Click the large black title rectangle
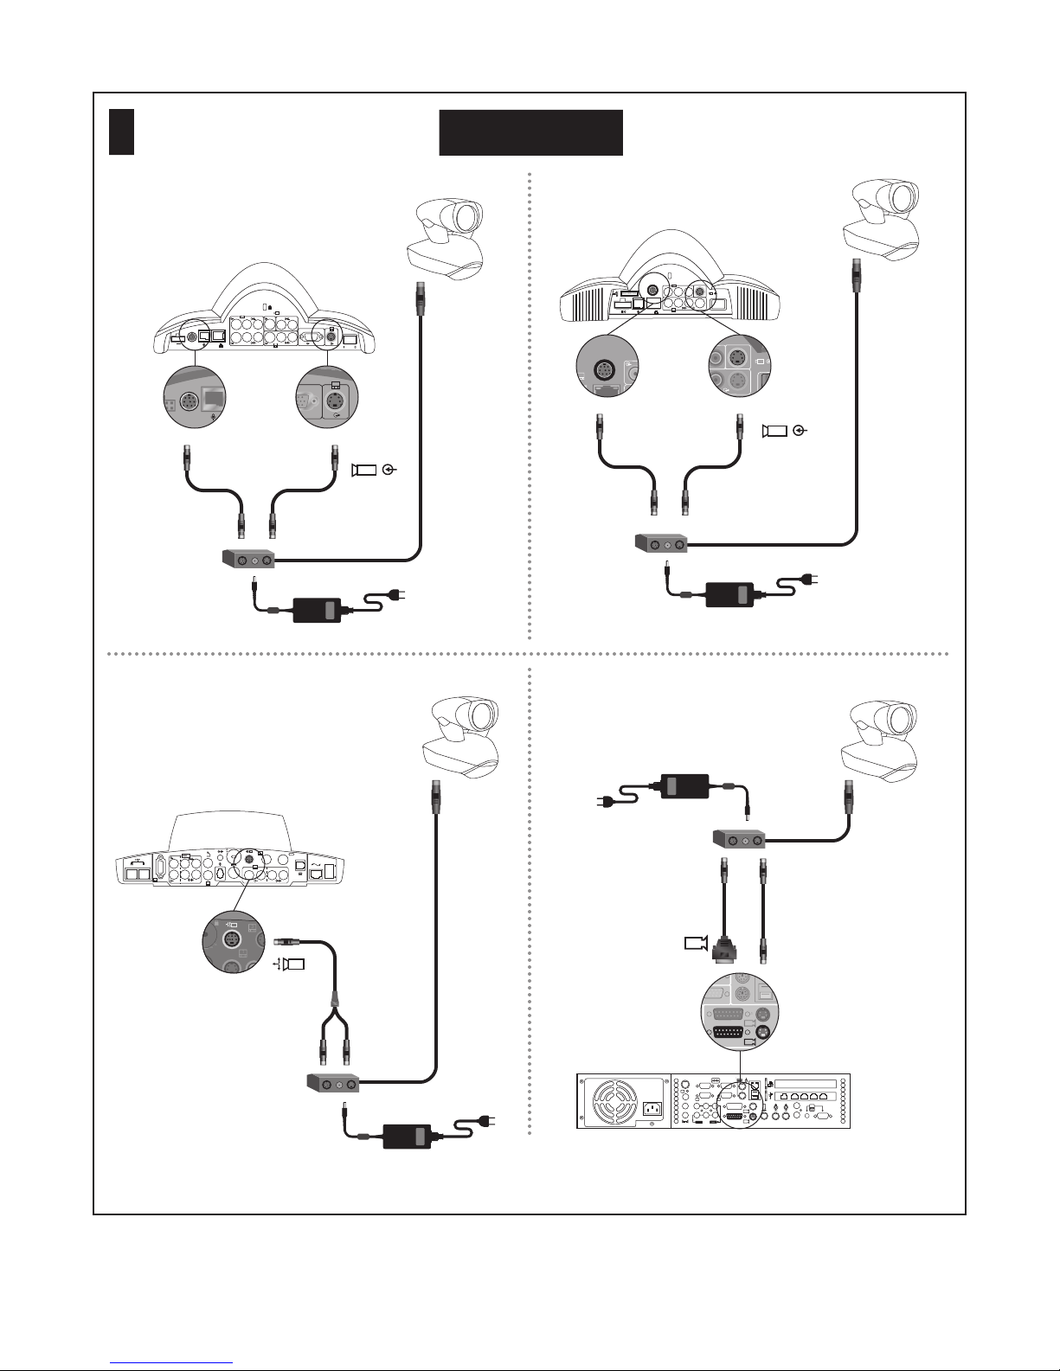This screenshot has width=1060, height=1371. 530,132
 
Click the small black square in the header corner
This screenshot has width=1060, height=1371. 121,132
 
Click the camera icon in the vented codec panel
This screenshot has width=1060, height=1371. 774,431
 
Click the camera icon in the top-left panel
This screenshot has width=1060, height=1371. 364,470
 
